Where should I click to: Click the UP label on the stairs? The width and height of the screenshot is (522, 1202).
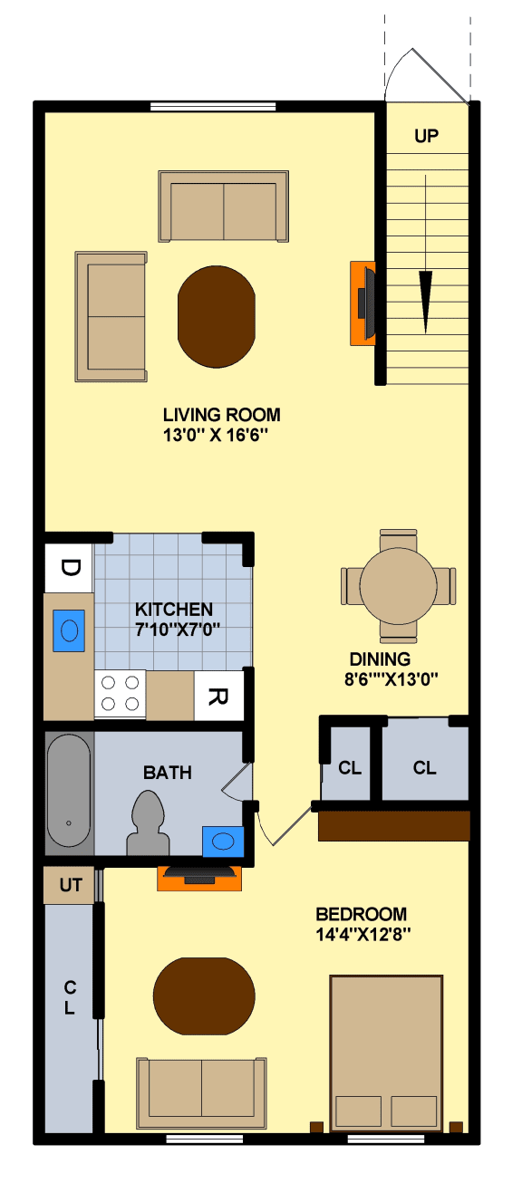pos(426,137)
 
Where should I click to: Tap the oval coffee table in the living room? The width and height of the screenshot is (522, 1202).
pos(217,315)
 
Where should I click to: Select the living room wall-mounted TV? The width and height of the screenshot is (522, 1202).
pos(363,303)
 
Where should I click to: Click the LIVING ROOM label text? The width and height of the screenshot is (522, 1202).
pos(221,415)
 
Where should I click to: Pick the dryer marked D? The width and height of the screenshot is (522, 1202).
pos(70,568)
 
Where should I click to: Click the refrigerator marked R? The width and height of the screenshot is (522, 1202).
pos(218,697)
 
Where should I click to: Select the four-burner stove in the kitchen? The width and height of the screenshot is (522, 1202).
pos(120,695)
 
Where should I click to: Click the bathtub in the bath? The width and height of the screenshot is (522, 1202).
pos(69,791)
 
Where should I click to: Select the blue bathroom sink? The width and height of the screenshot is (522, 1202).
pos(222,841)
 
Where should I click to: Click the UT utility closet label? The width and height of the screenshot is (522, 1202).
pos(70,885)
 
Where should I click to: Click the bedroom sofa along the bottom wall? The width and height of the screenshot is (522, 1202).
pos(201,1087)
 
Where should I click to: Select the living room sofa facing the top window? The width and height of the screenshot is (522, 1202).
pos(223,206)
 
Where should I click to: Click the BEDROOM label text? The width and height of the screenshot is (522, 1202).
pos(361,914)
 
